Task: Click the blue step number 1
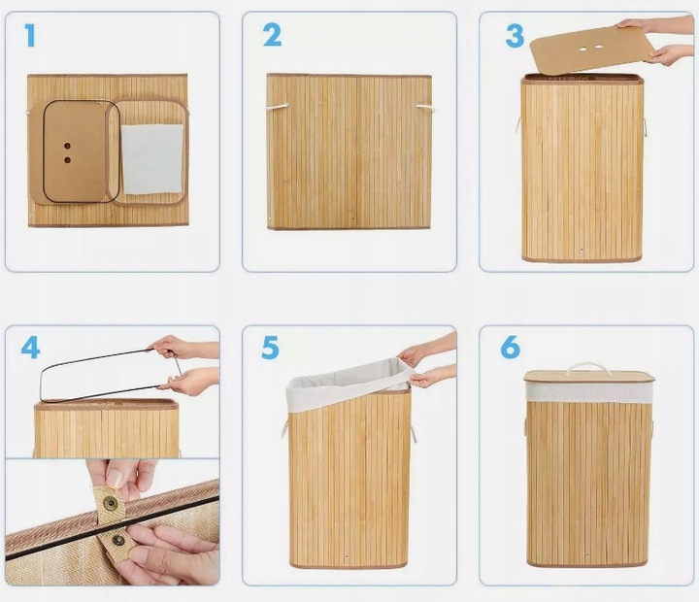point(30,35)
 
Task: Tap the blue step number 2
point(272,35)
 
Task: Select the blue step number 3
point(515,36)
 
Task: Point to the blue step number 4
point(30,349)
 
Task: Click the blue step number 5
point(270,349)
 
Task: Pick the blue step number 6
point(511,348)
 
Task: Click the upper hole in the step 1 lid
point(67,146)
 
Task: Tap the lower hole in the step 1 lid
point(67,159)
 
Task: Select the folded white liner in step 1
point(152,159)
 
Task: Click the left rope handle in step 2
point(278,107)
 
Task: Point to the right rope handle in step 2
point(425,108)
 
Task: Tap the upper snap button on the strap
point(110,504)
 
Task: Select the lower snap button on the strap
point(118,541)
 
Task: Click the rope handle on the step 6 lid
point(588,370)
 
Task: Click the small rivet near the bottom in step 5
point(348,556)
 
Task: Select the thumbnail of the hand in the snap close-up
point(116,478)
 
